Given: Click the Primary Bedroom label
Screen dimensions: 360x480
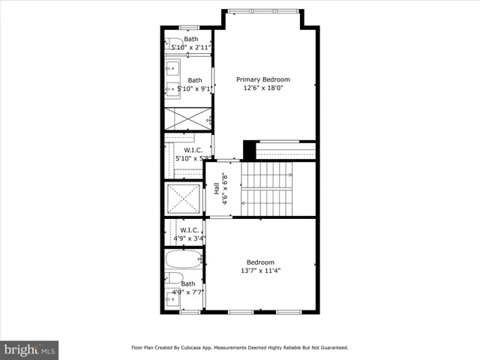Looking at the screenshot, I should coord(262,79).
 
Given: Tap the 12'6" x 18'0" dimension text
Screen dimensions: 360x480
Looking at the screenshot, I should coord(262,88).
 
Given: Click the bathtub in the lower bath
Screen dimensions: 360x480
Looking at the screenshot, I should coord(184,261).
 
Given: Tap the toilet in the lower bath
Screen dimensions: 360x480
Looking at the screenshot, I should coord(172,279).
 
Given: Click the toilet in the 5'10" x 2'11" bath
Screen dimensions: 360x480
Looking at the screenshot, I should coord(172,43).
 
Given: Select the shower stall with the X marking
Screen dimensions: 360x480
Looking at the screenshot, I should coord(187,118).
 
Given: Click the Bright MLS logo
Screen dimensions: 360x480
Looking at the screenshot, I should coord(30,349).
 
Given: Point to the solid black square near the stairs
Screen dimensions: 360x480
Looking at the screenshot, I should coord(248,150).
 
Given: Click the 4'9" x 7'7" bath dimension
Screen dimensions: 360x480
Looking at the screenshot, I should coord(187,292).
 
